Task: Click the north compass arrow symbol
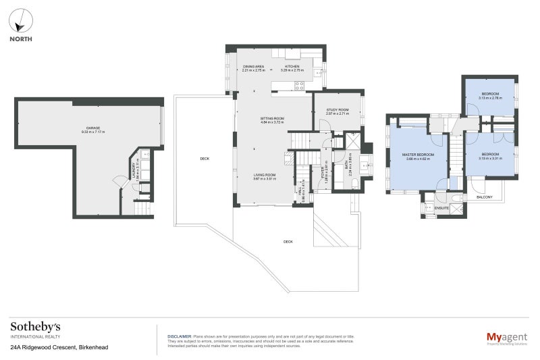point(20,21)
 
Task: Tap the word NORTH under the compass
point(20,38)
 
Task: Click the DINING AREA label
point(253,67)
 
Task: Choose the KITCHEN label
point(292,67)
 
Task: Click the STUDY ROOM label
point(337,110)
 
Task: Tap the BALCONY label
point(484,197)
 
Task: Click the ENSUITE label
point(442,209)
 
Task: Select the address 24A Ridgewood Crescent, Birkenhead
point(59,347)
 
